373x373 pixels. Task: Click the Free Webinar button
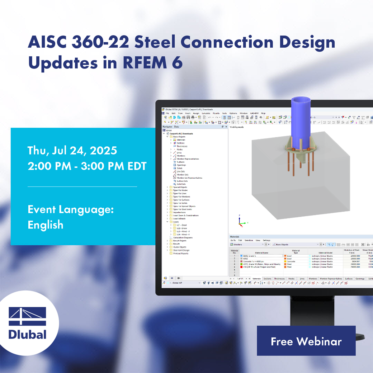click(306, 341)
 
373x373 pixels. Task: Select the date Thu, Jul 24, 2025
click(72, 150)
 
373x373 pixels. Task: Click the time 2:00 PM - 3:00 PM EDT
click(87, 166)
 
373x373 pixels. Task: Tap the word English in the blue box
click(46, 225)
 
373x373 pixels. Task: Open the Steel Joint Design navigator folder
click(181, 250)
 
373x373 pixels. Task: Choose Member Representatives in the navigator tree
click(188, 159)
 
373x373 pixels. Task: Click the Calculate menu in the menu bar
click(206, 113)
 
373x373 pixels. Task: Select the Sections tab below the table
click(267, 279)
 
